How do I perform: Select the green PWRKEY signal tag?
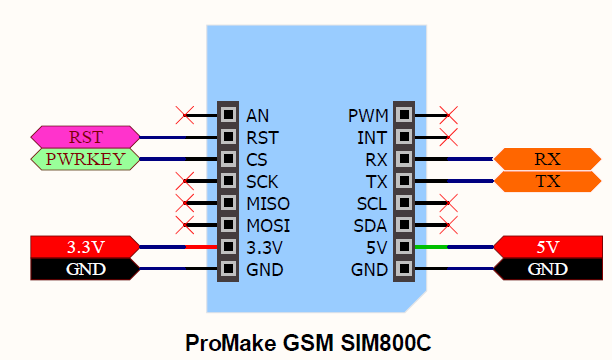coord(85,158)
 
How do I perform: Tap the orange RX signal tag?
coord(547,158)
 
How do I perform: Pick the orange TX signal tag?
coord(547,181)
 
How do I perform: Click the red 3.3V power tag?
coord(85,247)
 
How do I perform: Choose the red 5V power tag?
coord(547,247)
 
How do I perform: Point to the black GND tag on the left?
coord(85,269)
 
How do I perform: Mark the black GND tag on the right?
coord(547,269)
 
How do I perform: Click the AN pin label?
coord(257,115)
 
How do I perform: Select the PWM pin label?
coord(367,115)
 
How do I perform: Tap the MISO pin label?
coord(265,203)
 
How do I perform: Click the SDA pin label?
coord(370,225)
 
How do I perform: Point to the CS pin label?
coord(257,159)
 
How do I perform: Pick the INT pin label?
coord(373,137)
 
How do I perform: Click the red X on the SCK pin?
coord(183,181)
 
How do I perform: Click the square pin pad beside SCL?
coord(404,203)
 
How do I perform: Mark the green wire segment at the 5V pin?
coord(431,247)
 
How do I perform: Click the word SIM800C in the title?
coord(384,341)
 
